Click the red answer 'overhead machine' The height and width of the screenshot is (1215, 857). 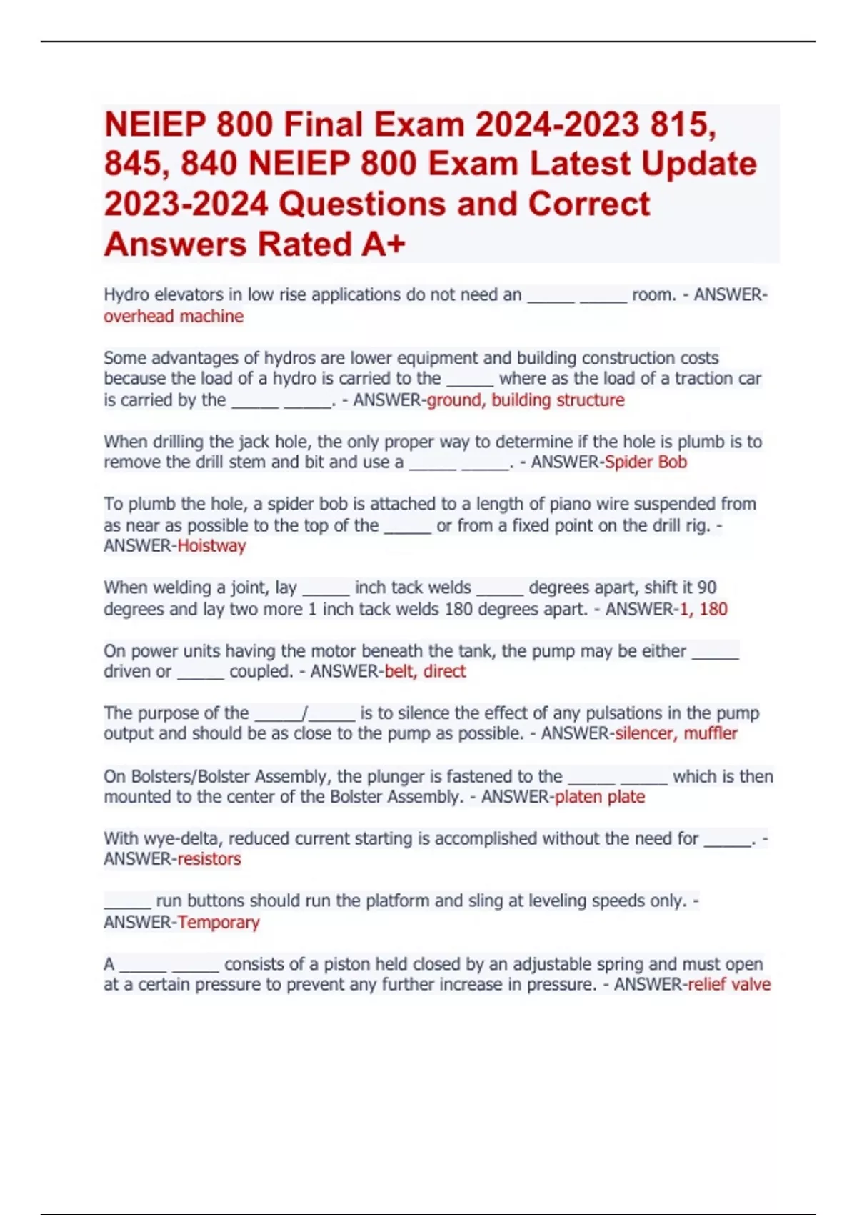click(x=174, y=316)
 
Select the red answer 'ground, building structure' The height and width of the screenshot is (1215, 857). click(x=526, y=400)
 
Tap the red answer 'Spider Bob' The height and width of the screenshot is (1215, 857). click(x=646, y=462)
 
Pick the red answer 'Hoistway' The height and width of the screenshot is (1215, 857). click(x=211, y=546)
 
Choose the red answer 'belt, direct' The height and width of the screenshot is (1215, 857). click(x=425, y=671)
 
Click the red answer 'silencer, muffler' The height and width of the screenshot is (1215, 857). click(x=676, y=733)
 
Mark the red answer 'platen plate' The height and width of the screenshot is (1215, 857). click(x=600, y=797)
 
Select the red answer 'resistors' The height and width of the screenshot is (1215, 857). click(x=209, y=859)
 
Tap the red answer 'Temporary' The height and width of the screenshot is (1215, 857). click(x=219, y=922)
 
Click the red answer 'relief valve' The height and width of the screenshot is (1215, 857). click(x=729, y=985)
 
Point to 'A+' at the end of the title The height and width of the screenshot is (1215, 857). click(x=384, y=244)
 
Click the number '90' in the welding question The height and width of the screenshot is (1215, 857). click(x=706, y=587)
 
